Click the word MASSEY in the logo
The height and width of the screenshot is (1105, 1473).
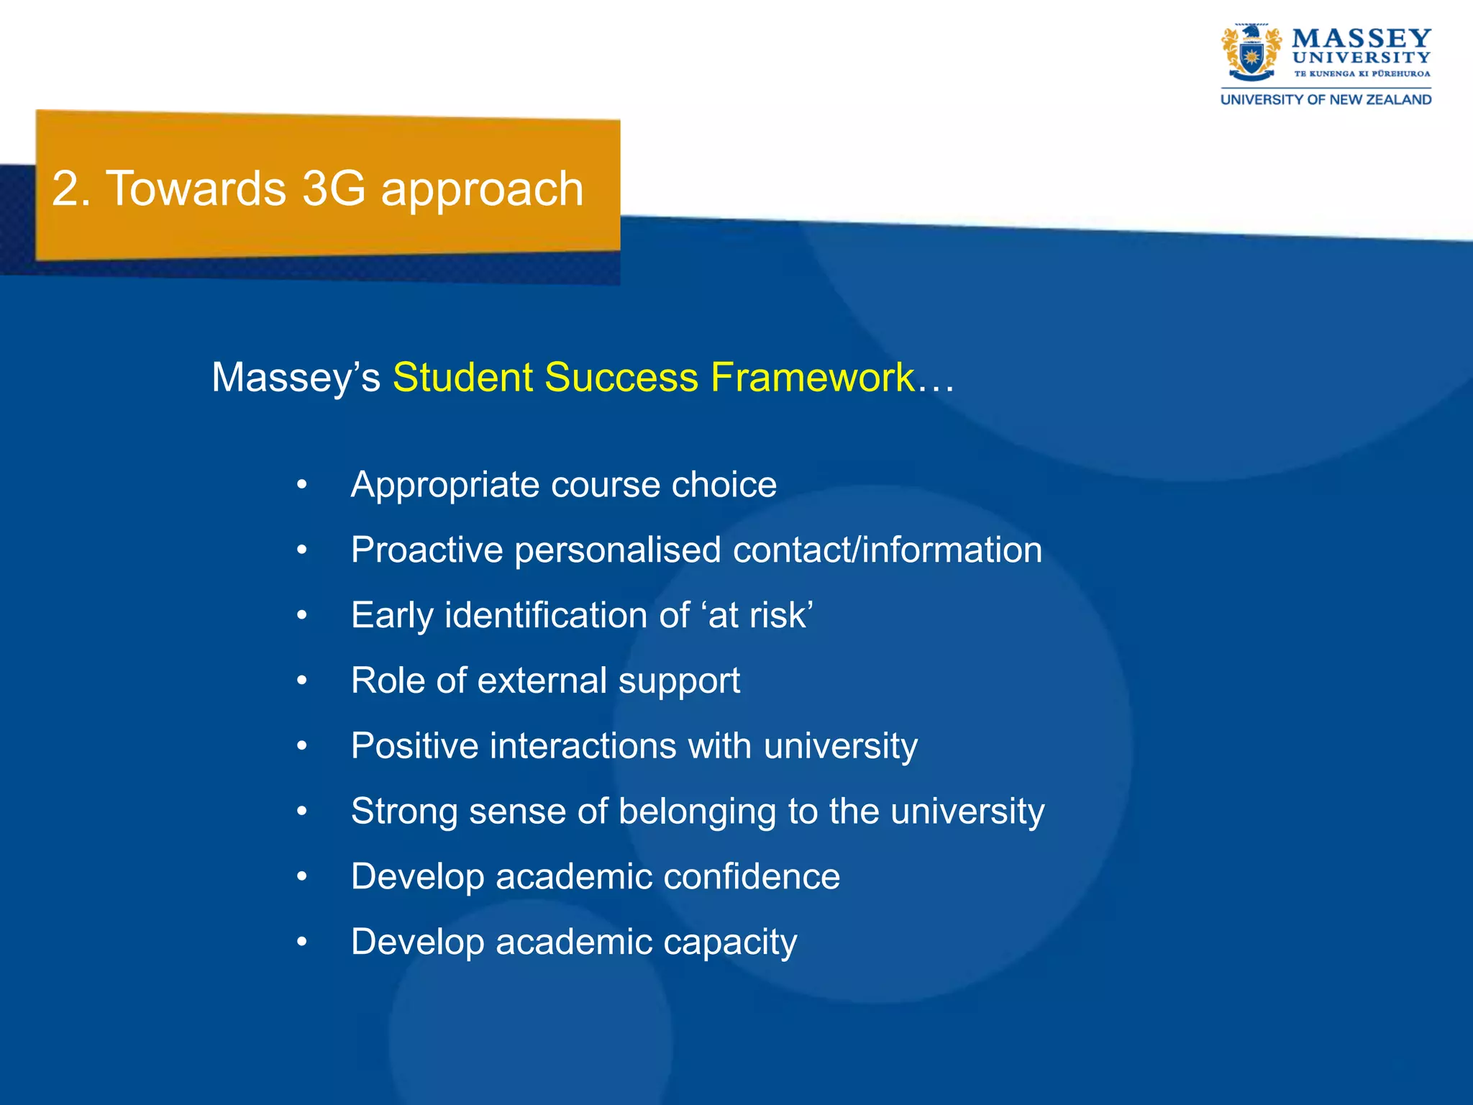(x=1361, y=37)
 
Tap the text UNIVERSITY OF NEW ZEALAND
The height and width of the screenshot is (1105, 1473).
(x=1326, y=100)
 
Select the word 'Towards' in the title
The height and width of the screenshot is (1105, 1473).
(x=196, y=189)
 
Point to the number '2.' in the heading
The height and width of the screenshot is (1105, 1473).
(x=70, y=189)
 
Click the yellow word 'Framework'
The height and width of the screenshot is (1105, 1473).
(x=813, y=378)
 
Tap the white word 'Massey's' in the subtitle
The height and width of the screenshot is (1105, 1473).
(x=296, y=378)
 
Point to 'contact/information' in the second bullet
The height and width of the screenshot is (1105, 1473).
(x=887, y=550)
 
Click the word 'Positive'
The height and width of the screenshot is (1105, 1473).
(x=414, y=746)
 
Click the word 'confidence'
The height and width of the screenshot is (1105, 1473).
(x=751, y=877)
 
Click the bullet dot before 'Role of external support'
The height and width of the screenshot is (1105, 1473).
(x=302, y=681)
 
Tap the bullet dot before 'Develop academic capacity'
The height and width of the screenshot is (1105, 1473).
(x=302, y=941)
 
